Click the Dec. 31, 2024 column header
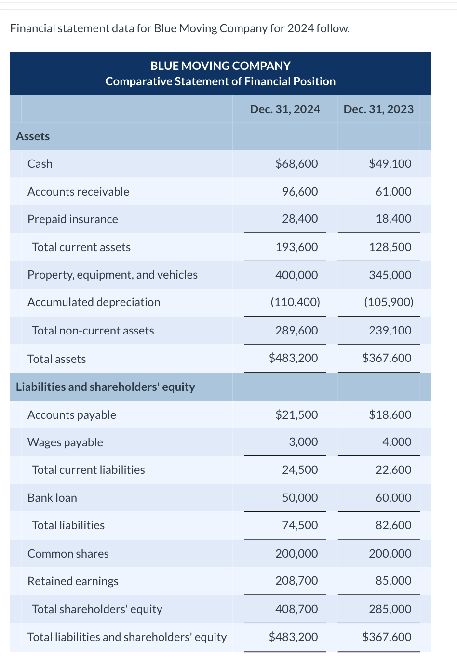284,109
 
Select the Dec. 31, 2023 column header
378,109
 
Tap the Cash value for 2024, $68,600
296,164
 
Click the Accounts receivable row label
78,192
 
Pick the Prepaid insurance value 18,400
393,219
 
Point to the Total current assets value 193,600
296,247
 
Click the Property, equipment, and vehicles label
112,275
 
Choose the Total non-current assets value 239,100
390,331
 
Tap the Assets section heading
33,136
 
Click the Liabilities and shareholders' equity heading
105,387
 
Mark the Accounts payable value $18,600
390,415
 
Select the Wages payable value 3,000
303,442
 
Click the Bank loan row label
52,498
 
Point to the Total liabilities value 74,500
300,525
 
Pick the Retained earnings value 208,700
296,581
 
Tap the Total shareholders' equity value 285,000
390,609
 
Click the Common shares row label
68,554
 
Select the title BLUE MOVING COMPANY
220,66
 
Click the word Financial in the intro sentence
32,28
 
